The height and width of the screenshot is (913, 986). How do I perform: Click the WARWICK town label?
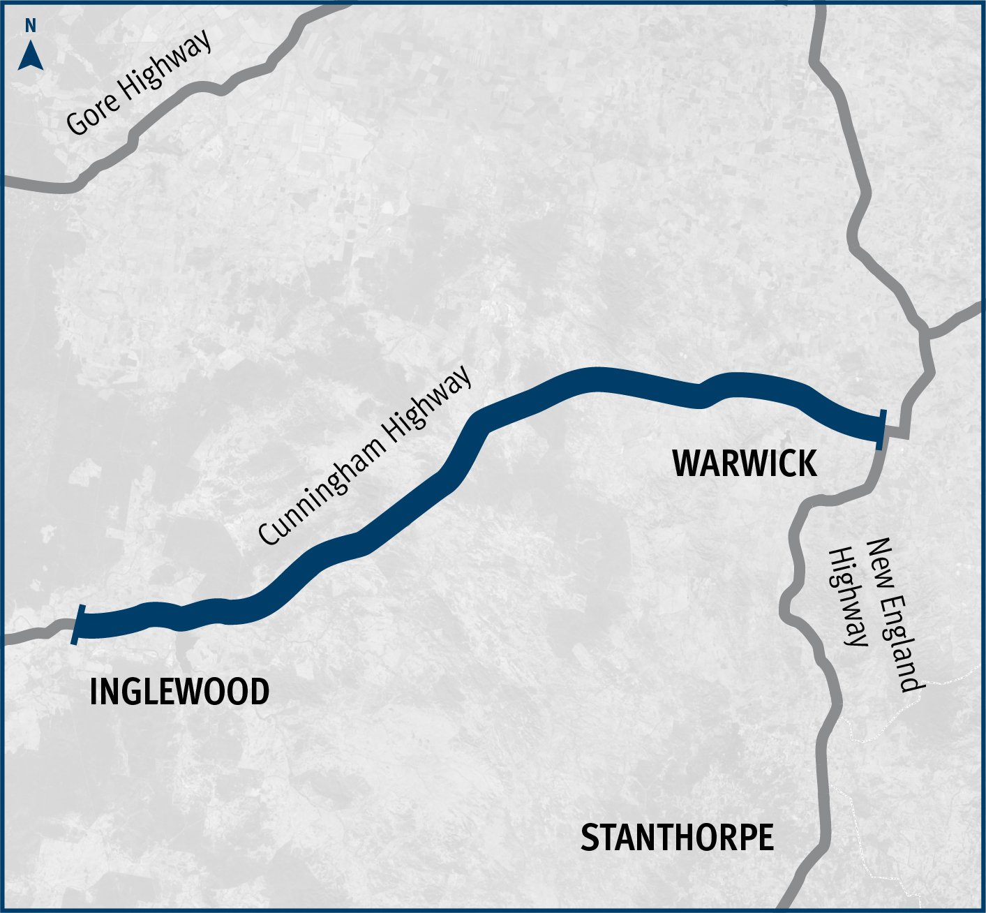coord(744,463)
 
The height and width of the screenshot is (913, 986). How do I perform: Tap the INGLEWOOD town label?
coord(179,692)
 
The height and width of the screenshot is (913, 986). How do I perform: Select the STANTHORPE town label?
coord(677,838)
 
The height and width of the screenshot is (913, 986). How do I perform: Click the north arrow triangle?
coord(31,57)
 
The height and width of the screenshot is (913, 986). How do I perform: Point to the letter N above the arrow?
coord(30,27)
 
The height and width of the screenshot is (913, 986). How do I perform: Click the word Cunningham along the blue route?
coord(320,493)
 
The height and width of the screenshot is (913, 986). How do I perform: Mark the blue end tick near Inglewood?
coord(78,625)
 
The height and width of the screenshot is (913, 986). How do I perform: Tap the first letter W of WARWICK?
coord(686,463)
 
